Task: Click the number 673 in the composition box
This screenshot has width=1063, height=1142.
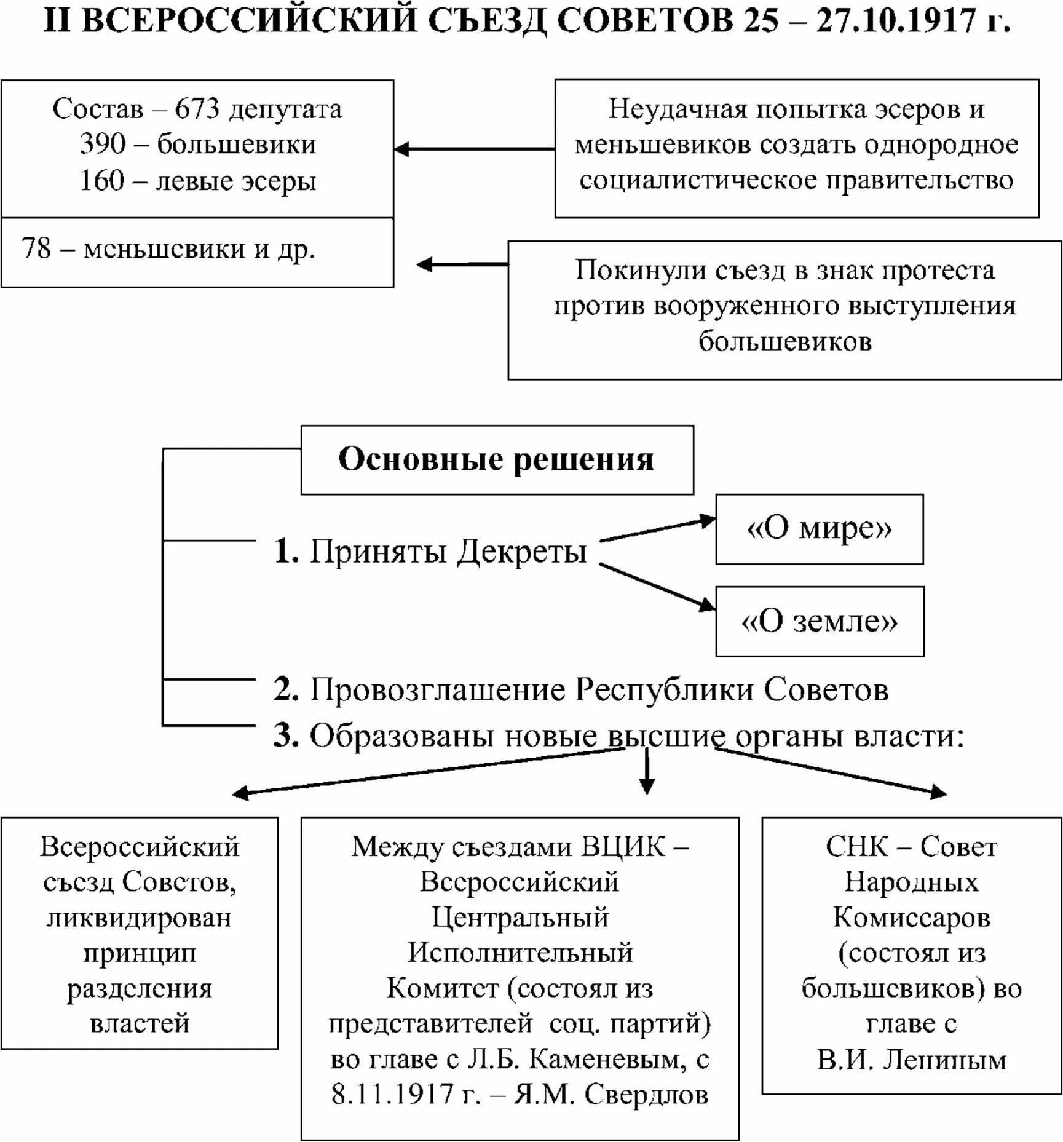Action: [x=197, y=109]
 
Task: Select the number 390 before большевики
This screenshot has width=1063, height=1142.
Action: [x=103, y=145]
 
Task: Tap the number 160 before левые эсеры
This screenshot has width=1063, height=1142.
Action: [x=102, y=181]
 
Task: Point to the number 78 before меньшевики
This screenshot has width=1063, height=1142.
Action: [x=36, y=248]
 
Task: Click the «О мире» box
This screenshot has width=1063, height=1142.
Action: [x=819, y=529]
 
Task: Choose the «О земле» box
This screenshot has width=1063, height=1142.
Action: [x=819, y=621]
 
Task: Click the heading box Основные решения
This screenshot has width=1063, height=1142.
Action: [x=497, y=459]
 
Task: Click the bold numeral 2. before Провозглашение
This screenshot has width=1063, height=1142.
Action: [x=286, y=689]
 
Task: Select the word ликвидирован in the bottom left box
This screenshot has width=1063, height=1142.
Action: [x=140, y=918]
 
